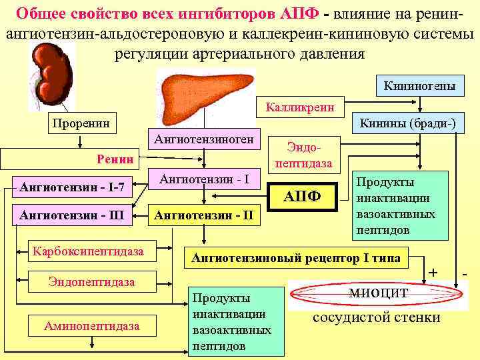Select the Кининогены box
tap(419, 86)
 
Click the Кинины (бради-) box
tap(407, 123)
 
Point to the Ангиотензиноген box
tap(203, 139)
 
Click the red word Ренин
tap(115, 159)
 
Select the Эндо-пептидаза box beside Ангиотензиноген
tap(303, 154)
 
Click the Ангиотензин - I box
tap(204, 179)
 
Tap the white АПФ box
tap(303, 197)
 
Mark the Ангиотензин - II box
tap(203, 215)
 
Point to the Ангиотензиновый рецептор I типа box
tap(297, 257)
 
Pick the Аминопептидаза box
tap(92, 325)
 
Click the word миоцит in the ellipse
tap(377, 293)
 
